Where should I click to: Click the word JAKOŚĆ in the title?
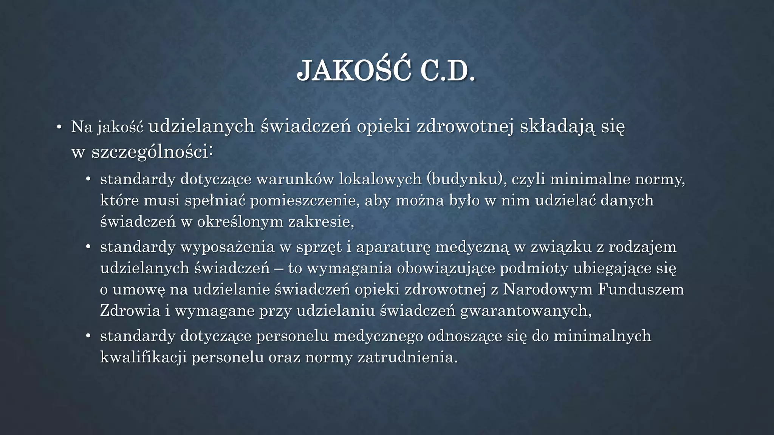(x=354, y=71)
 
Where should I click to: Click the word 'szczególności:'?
(x=152, y=152)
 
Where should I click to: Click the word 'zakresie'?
(x=321, y=222)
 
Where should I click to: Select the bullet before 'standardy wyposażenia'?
(x=88, y=247)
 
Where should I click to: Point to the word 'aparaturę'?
(x=393, y=247)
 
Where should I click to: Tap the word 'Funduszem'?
(x=641, y=290)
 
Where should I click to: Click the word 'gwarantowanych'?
(x=525, y=311)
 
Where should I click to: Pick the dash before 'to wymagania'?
(x=279, y=268)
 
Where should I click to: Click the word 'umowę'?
(x=139, y=290)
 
